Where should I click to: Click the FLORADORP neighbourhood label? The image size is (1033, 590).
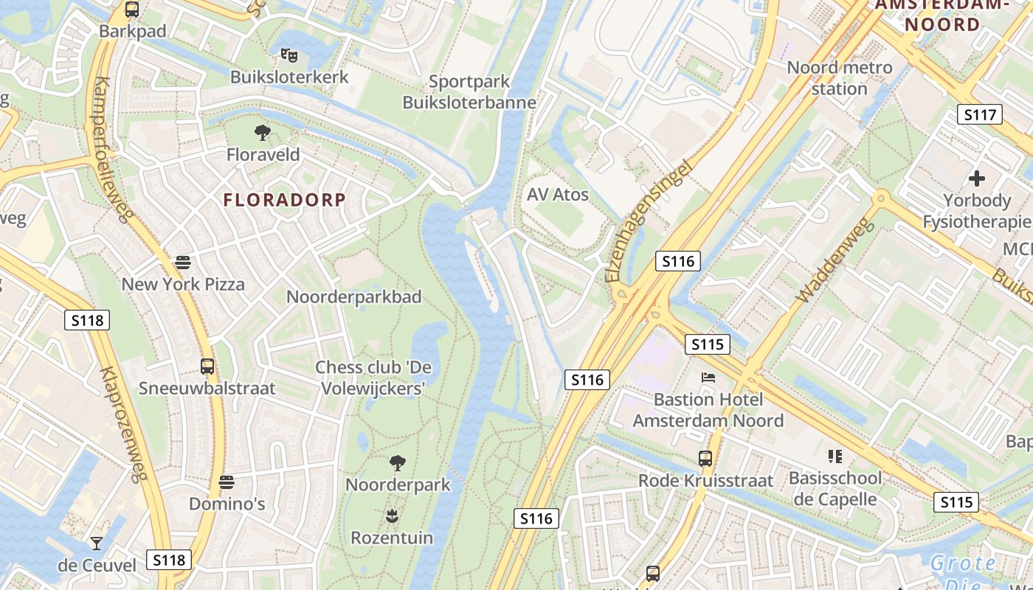point(284,200)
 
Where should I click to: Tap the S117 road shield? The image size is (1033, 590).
point(979,114)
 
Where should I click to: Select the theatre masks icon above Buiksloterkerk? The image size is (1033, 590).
point(289,55)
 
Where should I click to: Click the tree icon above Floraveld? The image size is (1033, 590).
point(262,133)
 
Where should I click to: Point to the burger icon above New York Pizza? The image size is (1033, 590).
point(182,262)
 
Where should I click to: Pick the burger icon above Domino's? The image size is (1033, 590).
point(227,482)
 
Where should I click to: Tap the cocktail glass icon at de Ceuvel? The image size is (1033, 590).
point(97,544)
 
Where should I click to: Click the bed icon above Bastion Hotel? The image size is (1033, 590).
point(708,378)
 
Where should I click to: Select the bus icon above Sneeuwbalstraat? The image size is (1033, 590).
point(207,366)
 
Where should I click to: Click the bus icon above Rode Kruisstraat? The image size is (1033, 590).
point(705,459)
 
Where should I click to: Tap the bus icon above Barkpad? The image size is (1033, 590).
point(132,10)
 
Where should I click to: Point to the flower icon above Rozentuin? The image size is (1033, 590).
point(392,516)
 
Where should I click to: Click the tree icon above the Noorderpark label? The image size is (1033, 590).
point(398,463)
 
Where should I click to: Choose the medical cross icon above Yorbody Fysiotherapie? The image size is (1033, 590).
point(977,178)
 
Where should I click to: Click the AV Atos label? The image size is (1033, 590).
point(558,195)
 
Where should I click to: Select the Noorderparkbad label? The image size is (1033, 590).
point(354,297)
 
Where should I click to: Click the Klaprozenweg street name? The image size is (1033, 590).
point(124,424)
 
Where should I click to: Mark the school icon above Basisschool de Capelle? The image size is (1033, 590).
point(835,457)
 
